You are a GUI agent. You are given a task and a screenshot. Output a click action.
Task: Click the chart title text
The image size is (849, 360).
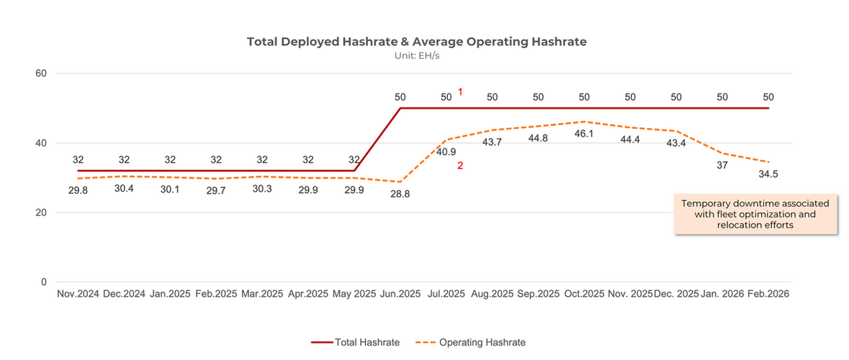click(416, 42)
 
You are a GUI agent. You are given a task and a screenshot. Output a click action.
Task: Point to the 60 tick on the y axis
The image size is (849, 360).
click(41, 73)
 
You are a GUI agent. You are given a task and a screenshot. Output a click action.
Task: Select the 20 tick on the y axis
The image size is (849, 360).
click(41, 212)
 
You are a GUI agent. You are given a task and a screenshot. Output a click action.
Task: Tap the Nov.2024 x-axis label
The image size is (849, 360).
click(78, 294)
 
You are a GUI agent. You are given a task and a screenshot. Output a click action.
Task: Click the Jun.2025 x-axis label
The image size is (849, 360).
click(400, 294)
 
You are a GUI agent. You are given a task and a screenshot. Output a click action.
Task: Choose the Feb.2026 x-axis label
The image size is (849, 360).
click(768, 294)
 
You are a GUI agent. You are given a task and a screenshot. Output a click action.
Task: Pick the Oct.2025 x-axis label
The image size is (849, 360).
click(584, 294)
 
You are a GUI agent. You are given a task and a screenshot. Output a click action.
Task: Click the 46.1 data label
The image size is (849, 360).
click(584, 134)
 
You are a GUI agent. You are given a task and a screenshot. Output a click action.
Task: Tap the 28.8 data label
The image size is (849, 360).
click(400, 194)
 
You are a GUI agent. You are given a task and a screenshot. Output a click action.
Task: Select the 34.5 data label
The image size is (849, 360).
click(768, 174)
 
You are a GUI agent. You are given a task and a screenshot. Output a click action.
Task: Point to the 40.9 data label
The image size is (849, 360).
click(446, 152)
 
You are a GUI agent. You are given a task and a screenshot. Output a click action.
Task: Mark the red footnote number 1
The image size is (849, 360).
click(459, 92)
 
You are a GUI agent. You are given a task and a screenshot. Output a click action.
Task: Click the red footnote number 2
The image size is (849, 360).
click(459, 166)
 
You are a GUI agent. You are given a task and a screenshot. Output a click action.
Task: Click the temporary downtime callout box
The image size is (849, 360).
click(755, 215)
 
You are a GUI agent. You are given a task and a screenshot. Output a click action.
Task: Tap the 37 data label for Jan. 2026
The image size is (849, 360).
click(722, 166)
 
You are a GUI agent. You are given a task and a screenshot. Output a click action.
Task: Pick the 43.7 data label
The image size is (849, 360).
click(492, 143)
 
